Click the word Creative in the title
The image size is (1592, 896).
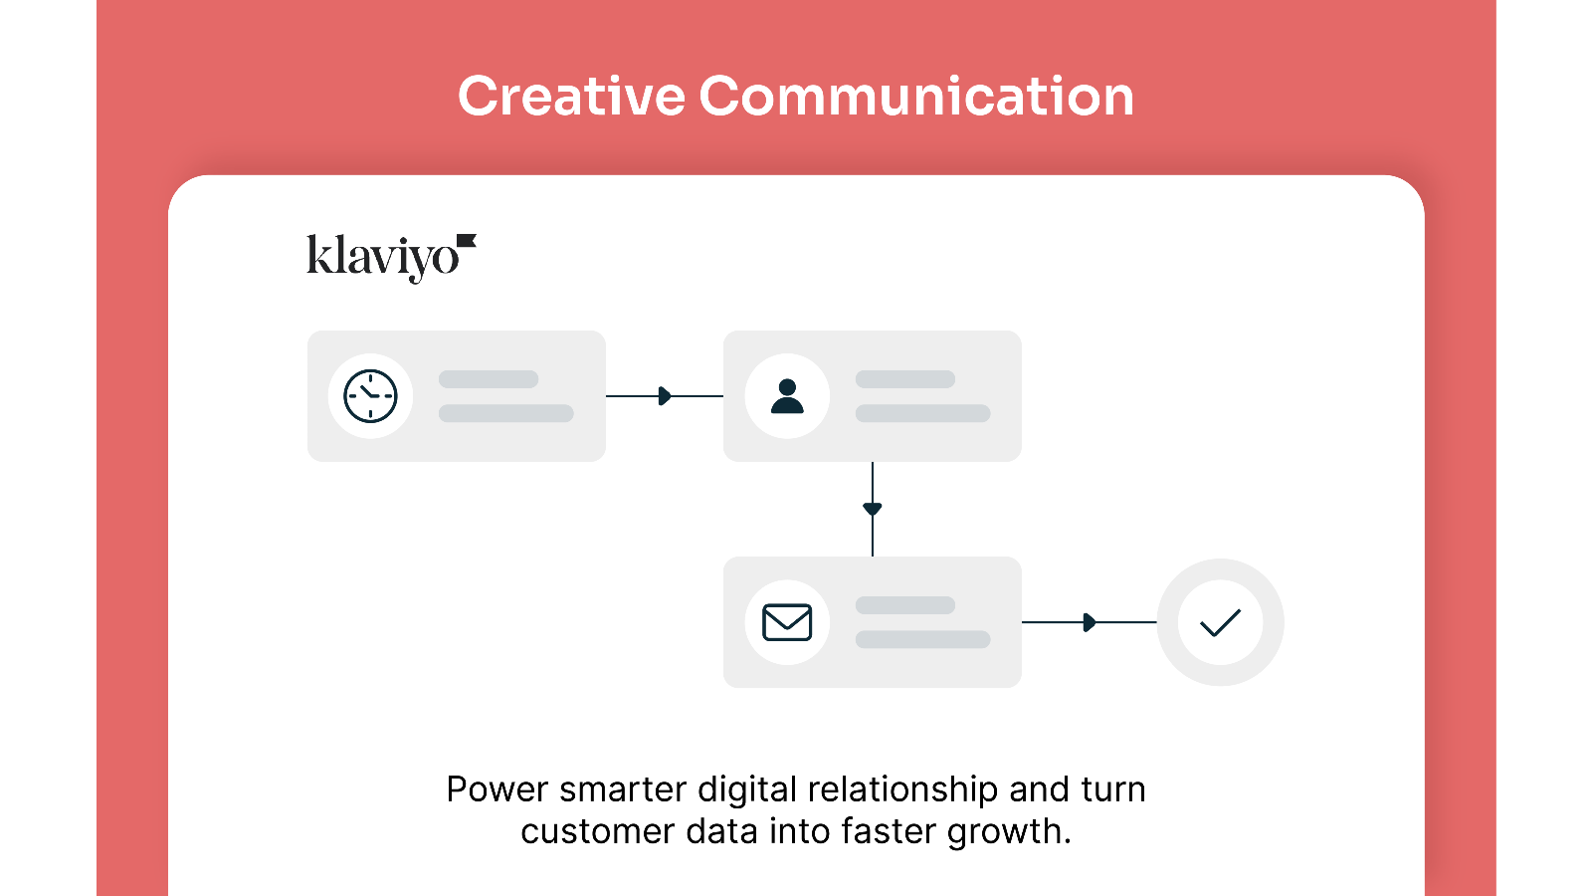[571, 96]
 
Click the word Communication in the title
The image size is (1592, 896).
[916, 96]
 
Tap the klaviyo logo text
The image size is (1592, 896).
[383, 258]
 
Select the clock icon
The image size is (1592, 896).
[370, 396]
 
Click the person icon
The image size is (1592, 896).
[787, 396]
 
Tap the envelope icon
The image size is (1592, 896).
[787, 622]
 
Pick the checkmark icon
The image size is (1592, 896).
[1220, 622]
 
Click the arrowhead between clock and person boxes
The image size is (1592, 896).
[666, 396]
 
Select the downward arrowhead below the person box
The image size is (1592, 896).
[872, 509]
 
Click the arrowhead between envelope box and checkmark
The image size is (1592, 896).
[1090, 622]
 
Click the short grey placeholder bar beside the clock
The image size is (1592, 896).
[489, 379]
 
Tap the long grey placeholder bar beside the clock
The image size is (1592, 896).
[506, 413]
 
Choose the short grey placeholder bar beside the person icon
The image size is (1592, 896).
[904, 379]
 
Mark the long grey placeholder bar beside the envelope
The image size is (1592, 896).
[922, 639]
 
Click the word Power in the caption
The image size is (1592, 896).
[497, 789]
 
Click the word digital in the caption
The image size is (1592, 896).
[747, 790]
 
